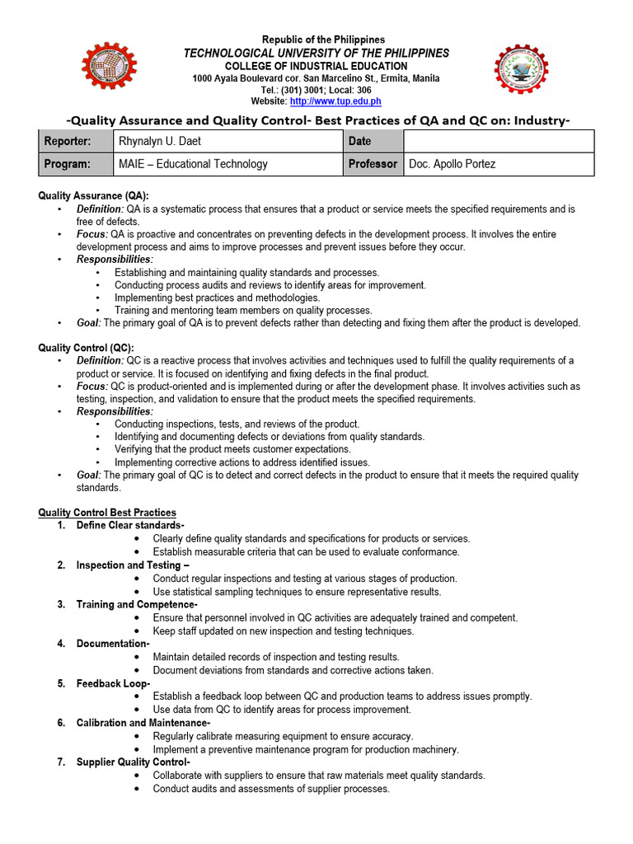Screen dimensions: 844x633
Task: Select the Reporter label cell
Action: (68, 142)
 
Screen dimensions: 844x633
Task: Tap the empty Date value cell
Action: (498, 142)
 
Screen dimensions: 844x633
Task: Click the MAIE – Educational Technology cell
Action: (191, 164)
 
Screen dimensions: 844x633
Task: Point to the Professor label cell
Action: (373, 164)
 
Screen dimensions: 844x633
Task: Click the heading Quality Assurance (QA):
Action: (94, 196)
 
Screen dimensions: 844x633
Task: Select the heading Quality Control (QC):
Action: (87, 348)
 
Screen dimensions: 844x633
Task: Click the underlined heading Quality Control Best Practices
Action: (107, 513)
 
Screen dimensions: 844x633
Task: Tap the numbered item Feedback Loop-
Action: (113, 683)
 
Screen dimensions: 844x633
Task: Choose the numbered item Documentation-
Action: (113, 644)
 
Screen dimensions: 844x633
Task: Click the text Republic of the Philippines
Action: (323, 40)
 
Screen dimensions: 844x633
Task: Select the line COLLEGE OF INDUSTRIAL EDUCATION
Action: (316, 66)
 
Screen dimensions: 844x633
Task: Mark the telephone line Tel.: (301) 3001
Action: (316, 90)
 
